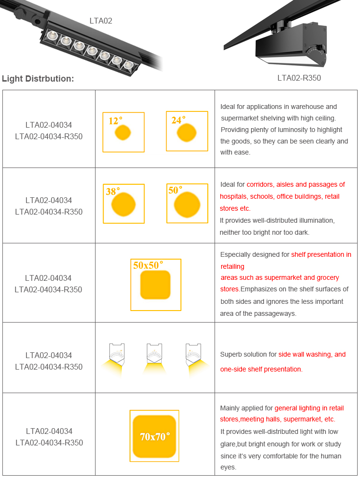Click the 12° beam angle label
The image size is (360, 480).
[x=115, y=120]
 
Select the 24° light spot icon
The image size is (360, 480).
[x=186, y=132]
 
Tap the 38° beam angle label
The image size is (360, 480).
[x=113, y=192]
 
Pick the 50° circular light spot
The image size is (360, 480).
[x=187, y=204]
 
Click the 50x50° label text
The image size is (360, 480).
[x=148, y=265]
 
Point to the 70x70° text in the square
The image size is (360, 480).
[x=155, y=436]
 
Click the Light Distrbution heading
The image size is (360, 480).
[x=38, y=79]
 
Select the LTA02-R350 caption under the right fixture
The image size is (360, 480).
[x=299, y=78]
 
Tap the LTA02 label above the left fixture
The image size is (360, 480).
[x=101, y=21]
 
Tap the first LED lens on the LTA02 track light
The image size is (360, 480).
[x=52, y=36]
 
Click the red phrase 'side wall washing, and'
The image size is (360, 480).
[x=312, y=355]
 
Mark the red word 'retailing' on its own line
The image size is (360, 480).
[x=232, y=266]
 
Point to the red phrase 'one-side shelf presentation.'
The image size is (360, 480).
[x=262, y=369]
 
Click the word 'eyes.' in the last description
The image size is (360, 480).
[x=228, y=468]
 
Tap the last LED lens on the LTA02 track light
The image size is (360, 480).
[x=129, y=65]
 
